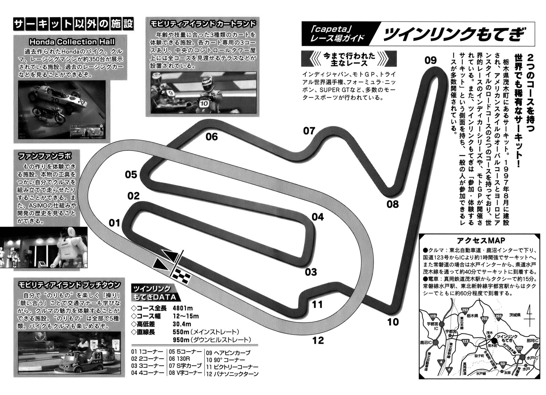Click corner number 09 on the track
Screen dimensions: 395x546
tap(431, 60)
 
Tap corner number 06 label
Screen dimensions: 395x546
tap(212, 137)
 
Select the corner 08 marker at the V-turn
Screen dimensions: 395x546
tap(392, 204)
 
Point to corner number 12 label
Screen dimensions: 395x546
tap(318, 340)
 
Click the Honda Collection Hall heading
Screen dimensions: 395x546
tap(72, 42)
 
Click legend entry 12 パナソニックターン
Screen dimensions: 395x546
tap(232, 374)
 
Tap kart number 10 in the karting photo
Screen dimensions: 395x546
tap(204, 103)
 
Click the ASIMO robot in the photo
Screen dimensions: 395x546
tap(71, 248)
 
